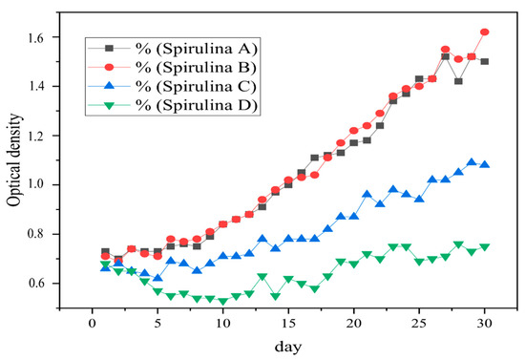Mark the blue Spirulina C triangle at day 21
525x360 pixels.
pyautogui.click(x=367, y=194)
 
